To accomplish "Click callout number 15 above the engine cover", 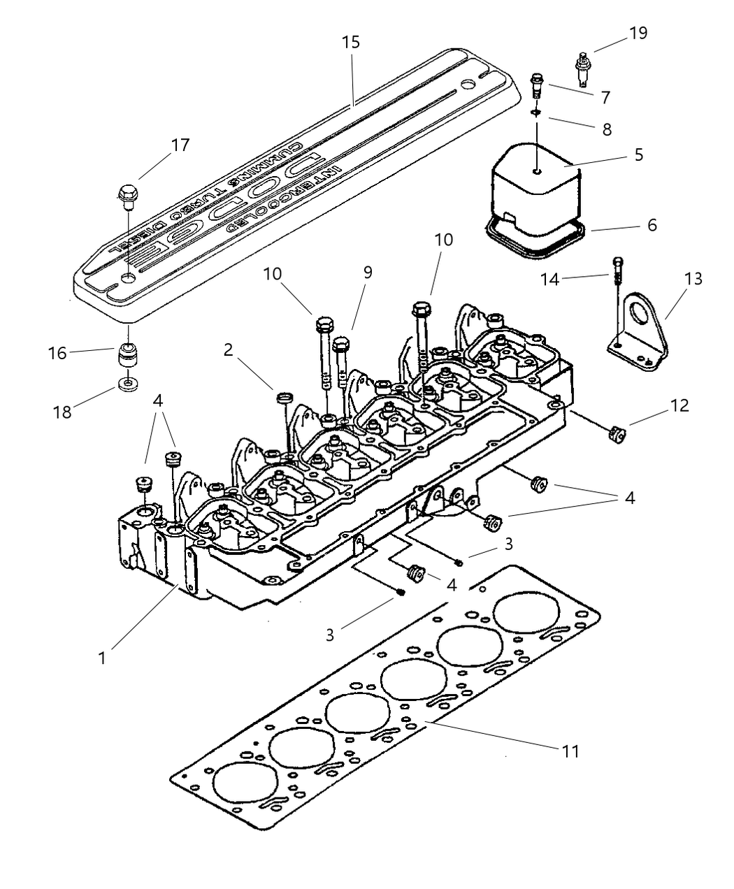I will (x=351, y=43).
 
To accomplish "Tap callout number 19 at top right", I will (x=638, y=33).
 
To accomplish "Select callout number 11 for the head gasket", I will (x=570, y=751).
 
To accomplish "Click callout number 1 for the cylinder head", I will (x=102, y=658).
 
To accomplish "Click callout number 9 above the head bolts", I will (x=366, y=272).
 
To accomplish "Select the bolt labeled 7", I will (x=537, y=85).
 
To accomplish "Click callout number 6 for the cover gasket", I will (x=652, y=225).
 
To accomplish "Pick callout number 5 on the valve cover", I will (x=639, y=154).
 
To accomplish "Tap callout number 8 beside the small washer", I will (x=606, y=129).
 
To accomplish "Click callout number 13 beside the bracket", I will (x=693, y=278).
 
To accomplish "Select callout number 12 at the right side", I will (x=678, y=405).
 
